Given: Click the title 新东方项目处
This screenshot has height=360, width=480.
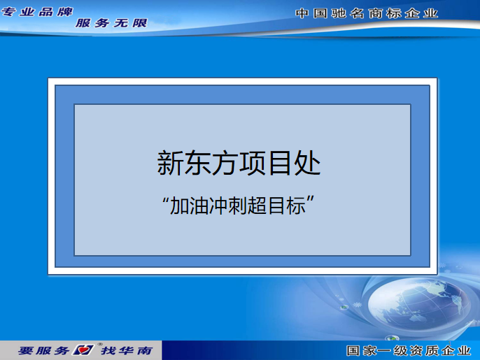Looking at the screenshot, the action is click(x=239, y=163).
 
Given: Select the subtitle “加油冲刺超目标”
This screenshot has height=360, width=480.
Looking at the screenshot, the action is click(x=239, y=206).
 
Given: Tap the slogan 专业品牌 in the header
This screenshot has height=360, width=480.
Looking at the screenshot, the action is click(x=37, y=12).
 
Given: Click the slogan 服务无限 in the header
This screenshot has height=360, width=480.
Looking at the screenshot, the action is click(x=111, y=23).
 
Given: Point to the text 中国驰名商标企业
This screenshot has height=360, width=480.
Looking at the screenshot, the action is click(x=367, y=13).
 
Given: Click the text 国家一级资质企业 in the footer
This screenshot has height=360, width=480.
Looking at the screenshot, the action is click(x=409, y=350).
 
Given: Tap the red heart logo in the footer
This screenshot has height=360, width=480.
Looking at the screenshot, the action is click(x=83, y=350).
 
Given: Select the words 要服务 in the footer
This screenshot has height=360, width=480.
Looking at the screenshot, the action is click(x=44, y=350).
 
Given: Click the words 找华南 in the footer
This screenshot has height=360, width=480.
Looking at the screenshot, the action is click(x=127, y=350).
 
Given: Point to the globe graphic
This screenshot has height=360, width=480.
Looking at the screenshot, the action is click(x=419, y=303).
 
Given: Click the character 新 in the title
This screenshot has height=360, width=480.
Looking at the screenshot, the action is click(x=170, y=163).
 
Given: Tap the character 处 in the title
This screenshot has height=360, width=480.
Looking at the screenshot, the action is click(x=307, y=163).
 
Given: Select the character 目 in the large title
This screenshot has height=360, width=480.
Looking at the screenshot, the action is click(x=280, y=163).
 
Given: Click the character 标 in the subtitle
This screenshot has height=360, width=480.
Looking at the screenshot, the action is click(x=296, y=206).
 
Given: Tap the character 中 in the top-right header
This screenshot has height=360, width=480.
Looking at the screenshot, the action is click(x=302, y=13).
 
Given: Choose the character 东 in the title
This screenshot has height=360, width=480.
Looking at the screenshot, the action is click(x=197, y=163).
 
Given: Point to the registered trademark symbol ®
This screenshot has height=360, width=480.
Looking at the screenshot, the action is click(x=100, y=345).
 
